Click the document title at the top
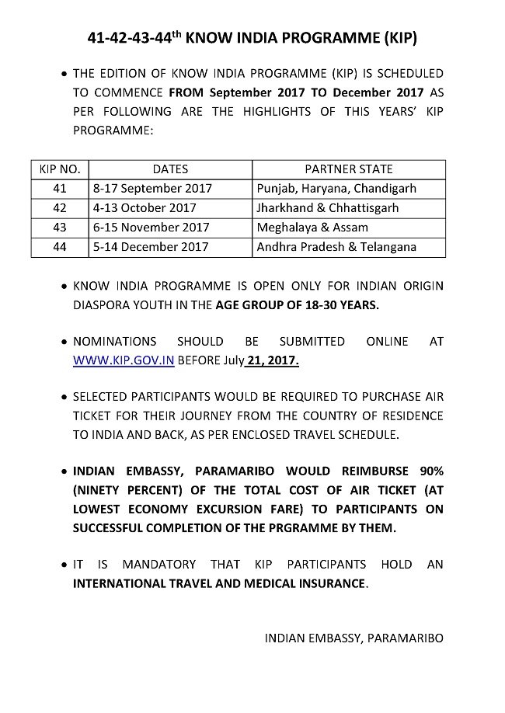[252, 38]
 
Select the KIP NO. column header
[60, 169]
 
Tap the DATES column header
[170, 169]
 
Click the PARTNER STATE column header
[349, 169]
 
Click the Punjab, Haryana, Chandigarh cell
[336, 189]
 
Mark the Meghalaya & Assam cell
[312, 228]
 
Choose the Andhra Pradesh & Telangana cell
[336, 247]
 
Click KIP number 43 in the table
[60, 228]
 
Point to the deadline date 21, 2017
[273, 360]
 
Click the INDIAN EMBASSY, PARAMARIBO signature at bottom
[353, 638]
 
